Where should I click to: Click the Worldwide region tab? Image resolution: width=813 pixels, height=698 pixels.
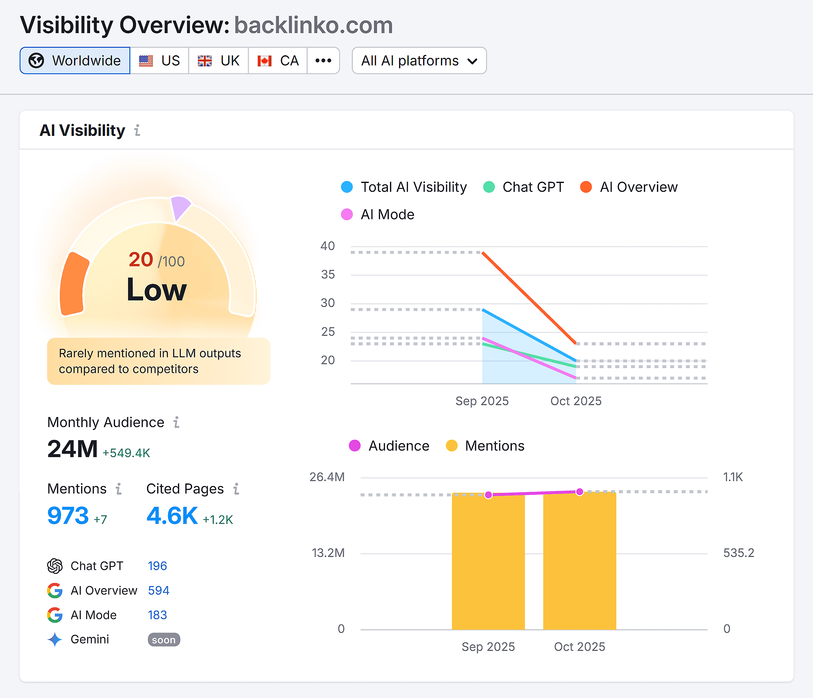[75, 60]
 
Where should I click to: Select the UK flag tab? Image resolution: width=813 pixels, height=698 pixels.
[218, 60]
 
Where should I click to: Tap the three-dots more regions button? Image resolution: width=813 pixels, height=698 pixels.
[323, 60]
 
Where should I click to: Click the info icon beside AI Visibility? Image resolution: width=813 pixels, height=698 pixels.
[137, 130]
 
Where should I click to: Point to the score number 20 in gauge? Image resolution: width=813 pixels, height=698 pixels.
[141, 260]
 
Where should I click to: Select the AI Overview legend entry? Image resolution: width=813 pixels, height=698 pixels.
[629, 187]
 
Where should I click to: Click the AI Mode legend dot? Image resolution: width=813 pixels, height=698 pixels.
[347, 215]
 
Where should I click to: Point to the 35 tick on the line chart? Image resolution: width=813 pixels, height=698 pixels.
[327, 275]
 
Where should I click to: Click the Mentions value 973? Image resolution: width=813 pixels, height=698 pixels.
[68, 516]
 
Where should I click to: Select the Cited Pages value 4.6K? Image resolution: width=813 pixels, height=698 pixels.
[172, 516]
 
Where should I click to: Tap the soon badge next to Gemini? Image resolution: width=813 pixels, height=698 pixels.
[164, 640]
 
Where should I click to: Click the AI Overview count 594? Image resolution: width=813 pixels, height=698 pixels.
[158, 590]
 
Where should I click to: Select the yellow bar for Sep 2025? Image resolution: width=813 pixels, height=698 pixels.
[488, 561]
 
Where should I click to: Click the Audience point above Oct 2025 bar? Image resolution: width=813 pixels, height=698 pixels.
[580, 492]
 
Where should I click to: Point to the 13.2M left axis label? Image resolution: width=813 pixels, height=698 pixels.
[328, 553]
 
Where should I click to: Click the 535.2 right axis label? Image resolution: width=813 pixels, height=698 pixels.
[739, 553]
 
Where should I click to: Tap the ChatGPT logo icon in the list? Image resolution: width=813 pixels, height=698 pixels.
[55, 566]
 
